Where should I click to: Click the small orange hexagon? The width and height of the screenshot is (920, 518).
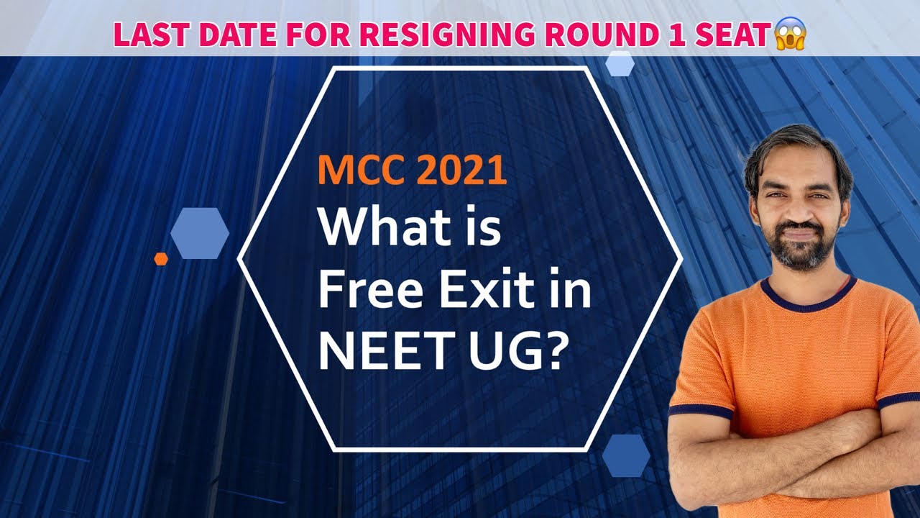click(161, 259)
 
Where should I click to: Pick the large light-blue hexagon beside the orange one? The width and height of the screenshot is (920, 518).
click(200, 233)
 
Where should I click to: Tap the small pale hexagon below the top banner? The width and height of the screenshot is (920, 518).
click(620, 63)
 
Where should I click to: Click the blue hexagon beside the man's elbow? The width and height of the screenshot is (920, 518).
click(625, 455)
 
